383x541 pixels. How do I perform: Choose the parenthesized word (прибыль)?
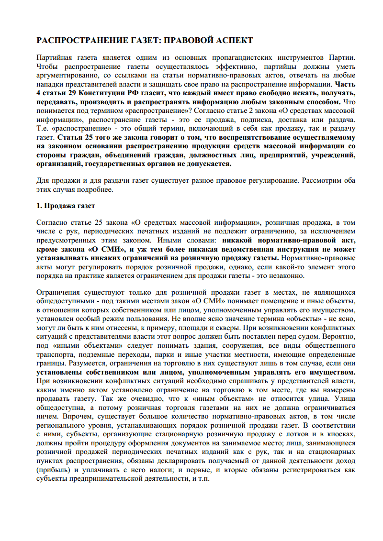[53, 470]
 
